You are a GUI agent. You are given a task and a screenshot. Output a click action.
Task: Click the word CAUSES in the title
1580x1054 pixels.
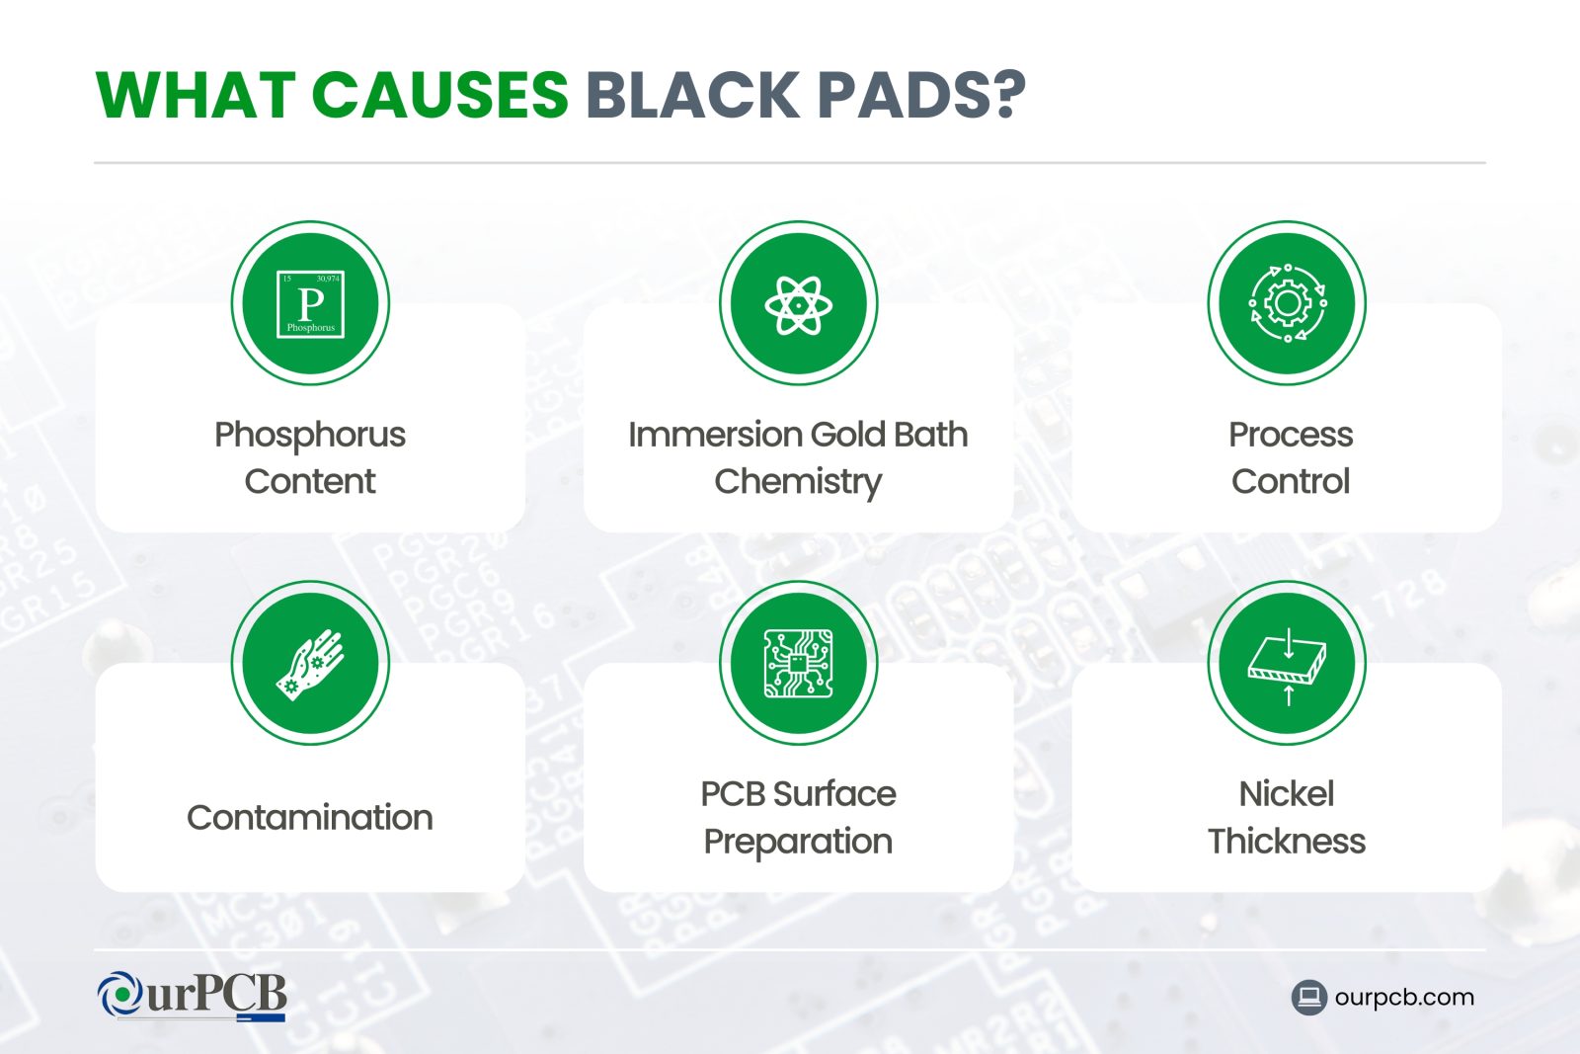pos(440,96)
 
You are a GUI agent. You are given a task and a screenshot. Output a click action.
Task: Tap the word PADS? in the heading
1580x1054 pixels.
pos(922,96)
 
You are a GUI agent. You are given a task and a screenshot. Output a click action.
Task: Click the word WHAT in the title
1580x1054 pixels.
pos(196,96)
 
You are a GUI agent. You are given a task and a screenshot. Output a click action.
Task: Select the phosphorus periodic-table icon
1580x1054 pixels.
pos(310,303)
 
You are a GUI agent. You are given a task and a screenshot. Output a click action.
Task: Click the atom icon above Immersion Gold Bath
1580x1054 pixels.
pos(798,303)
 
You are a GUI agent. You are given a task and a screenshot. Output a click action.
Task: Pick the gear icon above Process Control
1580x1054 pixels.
pos(1287,303)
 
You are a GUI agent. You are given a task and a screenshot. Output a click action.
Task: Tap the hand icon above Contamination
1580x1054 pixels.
pos(310,663)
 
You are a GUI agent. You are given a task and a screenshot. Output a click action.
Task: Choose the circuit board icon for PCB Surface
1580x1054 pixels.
pos(798,663)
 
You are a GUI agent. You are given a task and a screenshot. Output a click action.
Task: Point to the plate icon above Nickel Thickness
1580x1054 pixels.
pos(1287,663)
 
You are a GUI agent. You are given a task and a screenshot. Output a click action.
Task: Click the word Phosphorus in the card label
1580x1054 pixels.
pos(310,435)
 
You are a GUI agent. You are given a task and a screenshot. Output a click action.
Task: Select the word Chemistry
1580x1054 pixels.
pos(798,482)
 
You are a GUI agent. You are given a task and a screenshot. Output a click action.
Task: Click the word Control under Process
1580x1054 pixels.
pos(1290,482)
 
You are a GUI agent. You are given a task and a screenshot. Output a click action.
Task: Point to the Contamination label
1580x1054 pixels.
pos(310,818)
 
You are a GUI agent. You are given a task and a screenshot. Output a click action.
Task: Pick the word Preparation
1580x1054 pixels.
pos(798,842)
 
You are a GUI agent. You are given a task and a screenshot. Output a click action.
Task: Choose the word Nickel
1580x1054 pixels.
pos(1287,794)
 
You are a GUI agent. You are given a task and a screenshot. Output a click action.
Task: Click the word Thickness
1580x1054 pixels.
pos(1287,842)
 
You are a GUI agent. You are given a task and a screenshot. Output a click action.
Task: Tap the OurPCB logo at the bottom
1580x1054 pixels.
pos(193,996)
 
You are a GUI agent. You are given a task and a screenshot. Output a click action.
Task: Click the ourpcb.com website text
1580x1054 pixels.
pos(1403,998)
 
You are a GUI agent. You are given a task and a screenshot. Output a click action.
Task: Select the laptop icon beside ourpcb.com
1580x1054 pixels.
pos(1308,998)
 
